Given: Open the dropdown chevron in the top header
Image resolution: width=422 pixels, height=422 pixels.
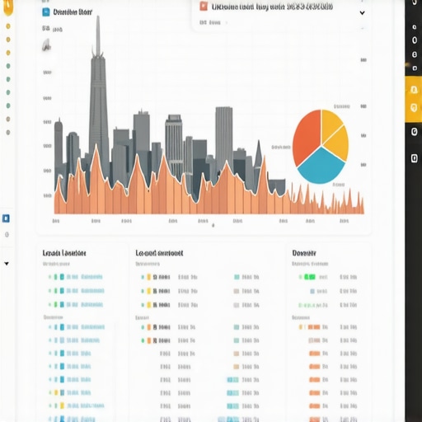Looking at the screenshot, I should tap(362, 13).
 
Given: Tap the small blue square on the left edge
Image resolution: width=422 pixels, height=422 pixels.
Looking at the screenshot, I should tap(7, 218).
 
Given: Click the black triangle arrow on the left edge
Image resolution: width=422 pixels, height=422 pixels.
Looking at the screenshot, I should tap(7, 265).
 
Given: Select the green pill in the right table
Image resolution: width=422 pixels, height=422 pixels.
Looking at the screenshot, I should tap(310, 277).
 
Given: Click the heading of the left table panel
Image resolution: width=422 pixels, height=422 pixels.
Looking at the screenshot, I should tap(63, 253).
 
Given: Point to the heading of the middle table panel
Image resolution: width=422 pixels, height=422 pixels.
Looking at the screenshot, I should tap(159, 253).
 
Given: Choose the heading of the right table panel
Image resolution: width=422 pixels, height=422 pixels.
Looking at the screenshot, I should tap(306, 253).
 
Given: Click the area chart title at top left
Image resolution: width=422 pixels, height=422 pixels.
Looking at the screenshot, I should tap(72, 12).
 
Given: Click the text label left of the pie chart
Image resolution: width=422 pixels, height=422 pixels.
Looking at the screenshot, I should tap(281, 147).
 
